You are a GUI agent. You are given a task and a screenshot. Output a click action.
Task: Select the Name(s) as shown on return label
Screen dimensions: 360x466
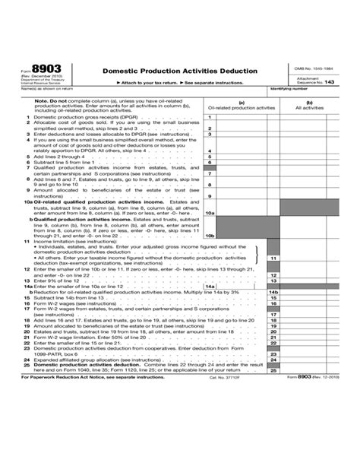coord(43,89)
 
